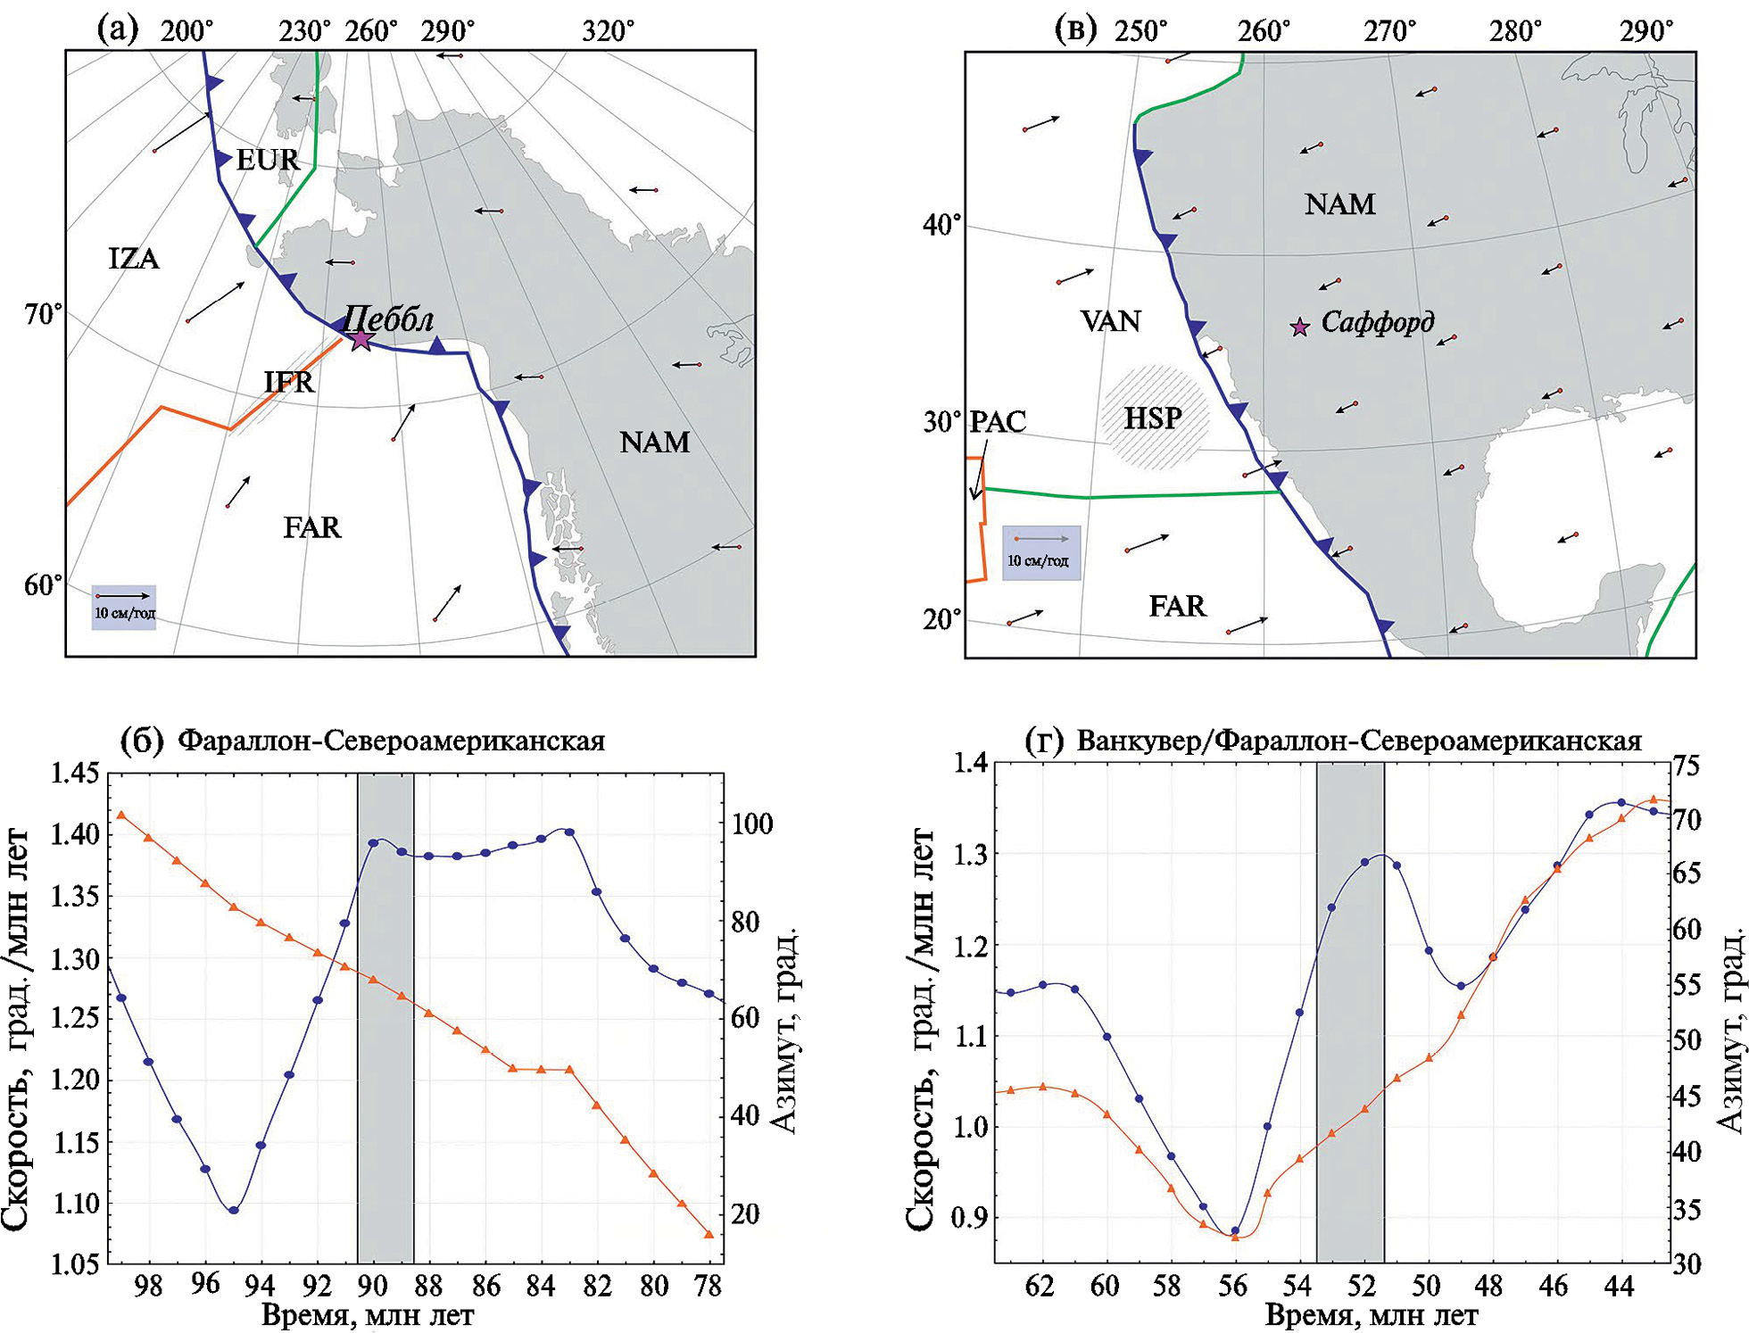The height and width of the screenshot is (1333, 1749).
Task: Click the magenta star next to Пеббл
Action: (360, 339)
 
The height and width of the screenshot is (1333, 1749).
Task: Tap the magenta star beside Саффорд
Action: (1300, 327)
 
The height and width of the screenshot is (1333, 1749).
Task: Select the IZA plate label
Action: (134, 259)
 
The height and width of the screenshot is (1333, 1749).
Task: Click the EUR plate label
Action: (267, 161)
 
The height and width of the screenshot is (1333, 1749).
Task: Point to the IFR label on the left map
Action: (289, 382)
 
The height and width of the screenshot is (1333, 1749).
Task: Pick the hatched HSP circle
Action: (1154, 418)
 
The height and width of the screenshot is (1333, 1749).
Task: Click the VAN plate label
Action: (1110, 321)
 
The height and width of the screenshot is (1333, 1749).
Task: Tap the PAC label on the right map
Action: (998, 421)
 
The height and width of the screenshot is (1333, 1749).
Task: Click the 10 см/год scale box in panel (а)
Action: (124, 607)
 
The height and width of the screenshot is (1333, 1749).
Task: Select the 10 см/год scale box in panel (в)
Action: (1041, 552)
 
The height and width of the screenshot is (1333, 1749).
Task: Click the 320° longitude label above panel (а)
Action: (609, 32)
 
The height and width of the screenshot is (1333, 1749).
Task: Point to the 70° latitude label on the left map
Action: (44, 315)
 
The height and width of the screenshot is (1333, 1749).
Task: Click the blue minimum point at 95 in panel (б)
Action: (234, 1210)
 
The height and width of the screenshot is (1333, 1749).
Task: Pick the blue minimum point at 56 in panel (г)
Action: (1235, 1230)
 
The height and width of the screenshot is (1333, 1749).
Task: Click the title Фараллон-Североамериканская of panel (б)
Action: (391, 741)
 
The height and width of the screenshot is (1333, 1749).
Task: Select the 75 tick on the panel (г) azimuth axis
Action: (1687, 766)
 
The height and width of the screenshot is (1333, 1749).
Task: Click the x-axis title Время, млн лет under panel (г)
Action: (1372, 1315)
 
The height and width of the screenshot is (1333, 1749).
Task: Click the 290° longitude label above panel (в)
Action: (1646, 32)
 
